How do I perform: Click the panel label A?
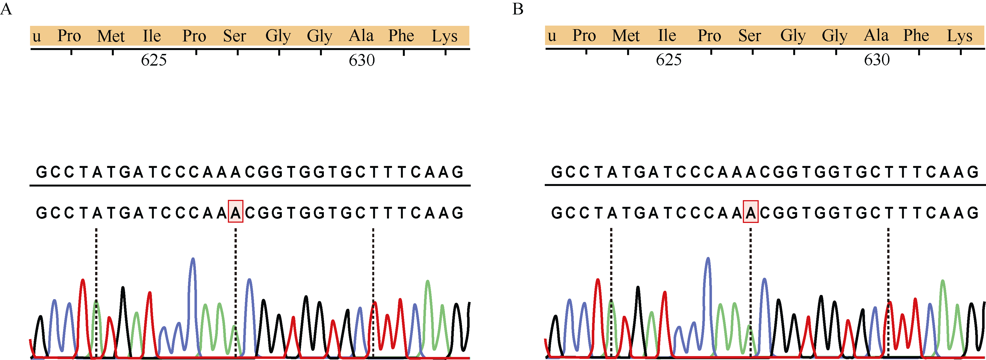pyautogui.click(x=6, y=9)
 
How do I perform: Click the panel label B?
pyautogui.click(x=517, y=9)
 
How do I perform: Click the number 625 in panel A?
pyautogui.click(x=154, y=60)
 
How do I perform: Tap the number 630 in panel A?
pyautogui.click(x=362, y=60)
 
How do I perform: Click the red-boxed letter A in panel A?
pyautogui.click(x=235, y=212)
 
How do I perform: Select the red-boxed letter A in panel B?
pyautogui.click(x=750, y=212)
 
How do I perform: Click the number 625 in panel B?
pyautogui.click(x=669, y=60)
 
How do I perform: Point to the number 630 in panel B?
pyautogui.click(x=877, y=60)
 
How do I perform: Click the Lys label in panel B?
pyautogui.click(x=959, y=36)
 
